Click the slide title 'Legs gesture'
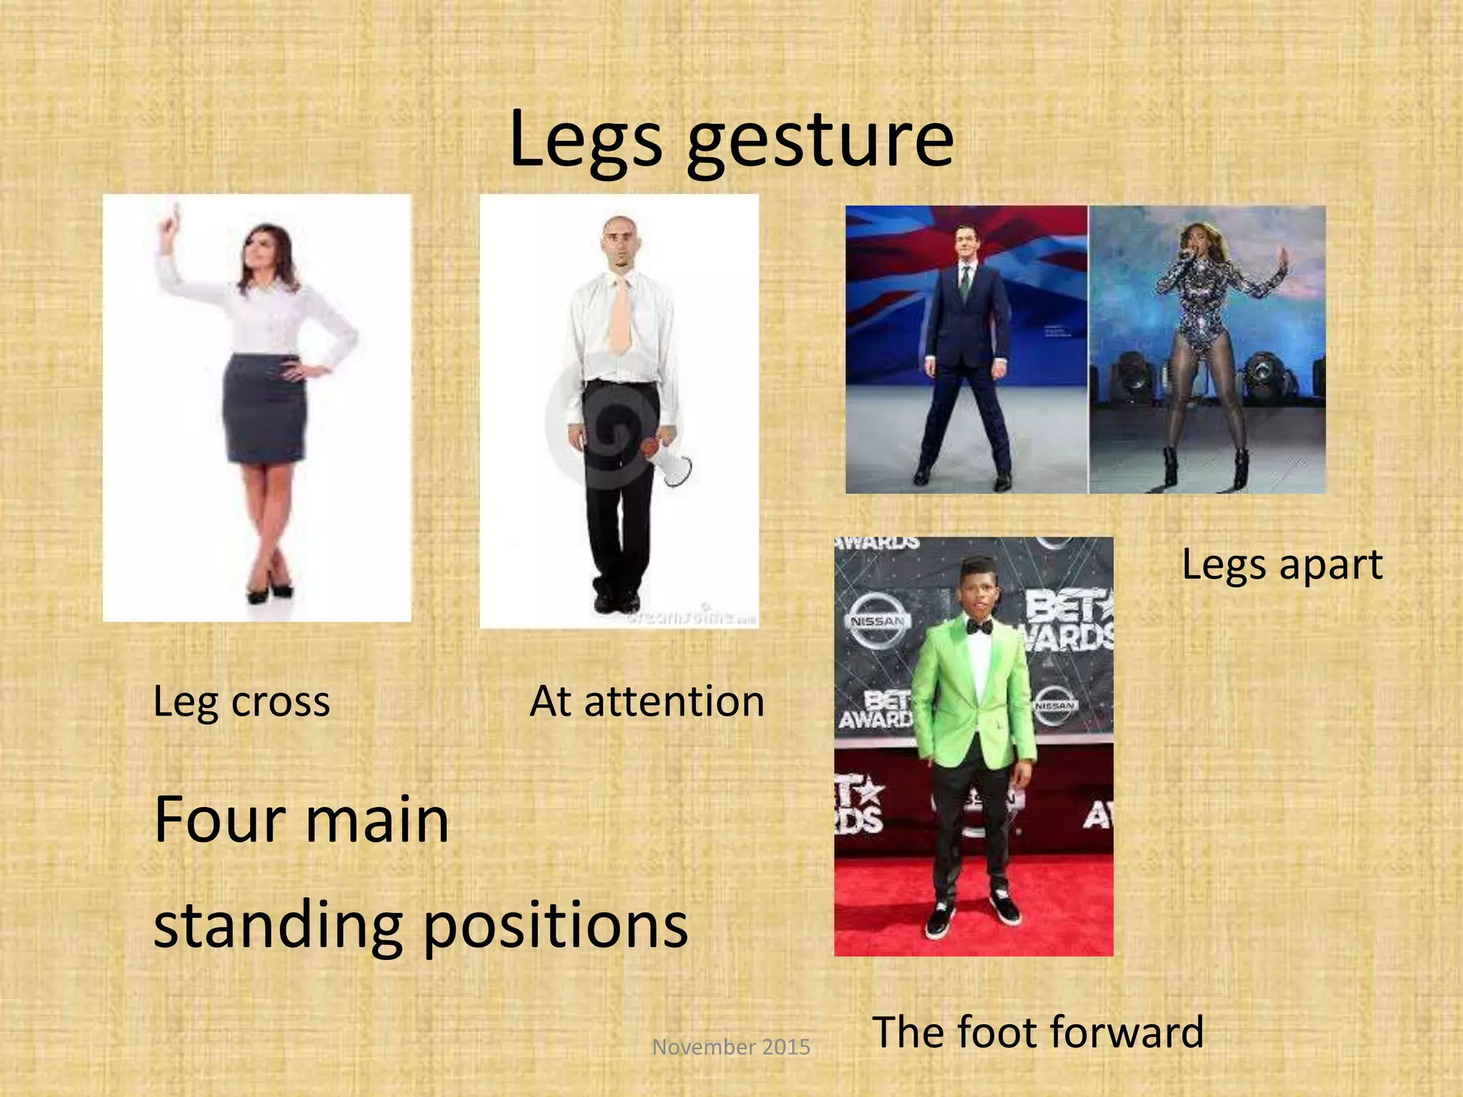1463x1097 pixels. point(731,140)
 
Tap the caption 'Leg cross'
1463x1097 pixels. point(241,702)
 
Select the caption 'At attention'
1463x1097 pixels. point(646,702)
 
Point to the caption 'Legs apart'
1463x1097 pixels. point(1282,565)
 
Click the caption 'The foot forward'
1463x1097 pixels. point(1038,1032)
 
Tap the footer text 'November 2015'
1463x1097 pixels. point(731,1047)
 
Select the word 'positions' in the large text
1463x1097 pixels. point(556,926)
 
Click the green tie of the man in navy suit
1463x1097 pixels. point(964,283)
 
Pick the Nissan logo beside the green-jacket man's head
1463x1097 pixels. point(877,621)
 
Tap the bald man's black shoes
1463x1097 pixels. point(616,601)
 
